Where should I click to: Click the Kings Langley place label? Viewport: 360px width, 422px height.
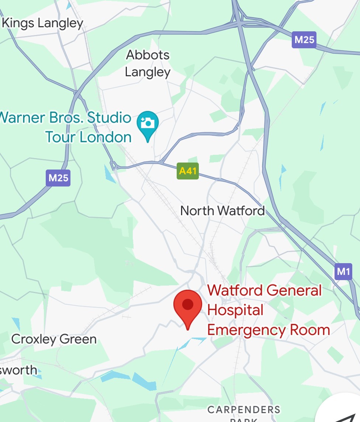[x=42, y=23]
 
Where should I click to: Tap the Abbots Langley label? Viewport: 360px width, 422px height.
[x=148, y=63]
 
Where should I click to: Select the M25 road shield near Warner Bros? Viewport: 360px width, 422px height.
[x=58, y=178]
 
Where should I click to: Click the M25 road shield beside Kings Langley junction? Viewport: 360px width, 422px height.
[x=304, y=40]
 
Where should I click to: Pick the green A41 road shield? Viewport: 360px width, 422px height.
[x=188, y=171]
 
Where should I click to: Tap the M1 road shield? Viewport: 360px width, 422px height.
[x=343, y=272]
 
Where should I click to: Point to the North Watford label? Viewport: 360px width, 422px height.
[x=222, y=211]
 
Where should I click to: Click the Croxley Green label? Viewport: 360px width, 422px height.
[x=54, y=339]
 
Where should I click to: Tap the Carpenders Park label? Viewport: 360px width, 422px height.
[x=244, y=410]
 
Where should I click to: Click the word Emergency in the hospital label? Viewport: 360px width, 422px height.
[x=246, y=329]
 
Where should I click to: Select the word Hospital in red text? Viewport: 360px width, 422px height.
[x=235, y=310]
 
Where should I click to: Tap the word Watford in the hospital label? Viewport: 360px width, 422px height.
[x=235, y=290]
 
